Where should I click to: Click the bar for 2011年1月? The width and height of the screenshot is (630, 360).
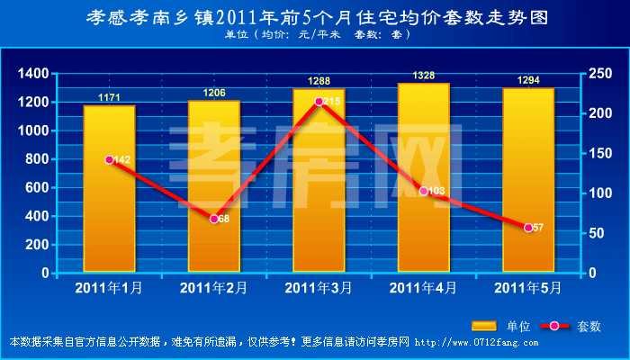tap(109, 189)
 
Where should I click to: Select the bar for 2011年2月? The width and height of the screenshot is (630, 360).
tap(213, 184)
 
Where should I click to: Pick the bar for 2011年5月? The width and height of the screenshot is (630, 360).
tap(528, 180)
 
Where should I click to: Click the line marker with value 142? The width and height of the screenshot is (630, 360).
tap(110, 159)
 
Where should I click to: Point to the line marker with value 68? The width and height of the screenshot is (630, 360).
tap(214, 219)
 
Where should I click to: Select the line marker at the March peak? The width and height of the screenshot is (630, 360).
tap(319, 102)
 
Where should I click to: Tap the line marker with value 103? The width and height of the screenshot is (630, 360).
tap(424, 191)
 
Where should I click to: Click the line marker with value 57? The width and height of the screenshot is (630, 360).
tap(528, 228)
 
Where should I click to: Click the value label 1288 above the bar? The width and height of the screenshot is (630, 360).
tap(319, 81)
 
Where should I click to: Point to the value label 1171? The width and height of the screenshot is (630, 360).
tap(109, 97)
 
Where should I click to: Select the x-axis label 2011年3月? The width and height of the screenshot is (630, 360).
tap(319, 288)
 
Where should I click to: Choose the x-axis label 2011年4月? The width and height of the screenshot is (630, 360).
tap(423, 288)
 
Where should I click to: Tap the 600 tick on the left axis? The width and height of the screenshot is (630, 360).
tap(37, 187)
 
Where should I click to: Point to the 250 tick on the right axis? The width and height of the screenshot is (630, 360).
tap(601, 74)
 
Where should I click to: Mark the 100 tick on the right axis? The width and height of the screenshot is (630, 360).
tap(601, 193)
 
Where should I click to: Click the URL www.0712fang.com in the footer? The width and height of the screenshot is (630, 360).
tap(476, 343)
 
